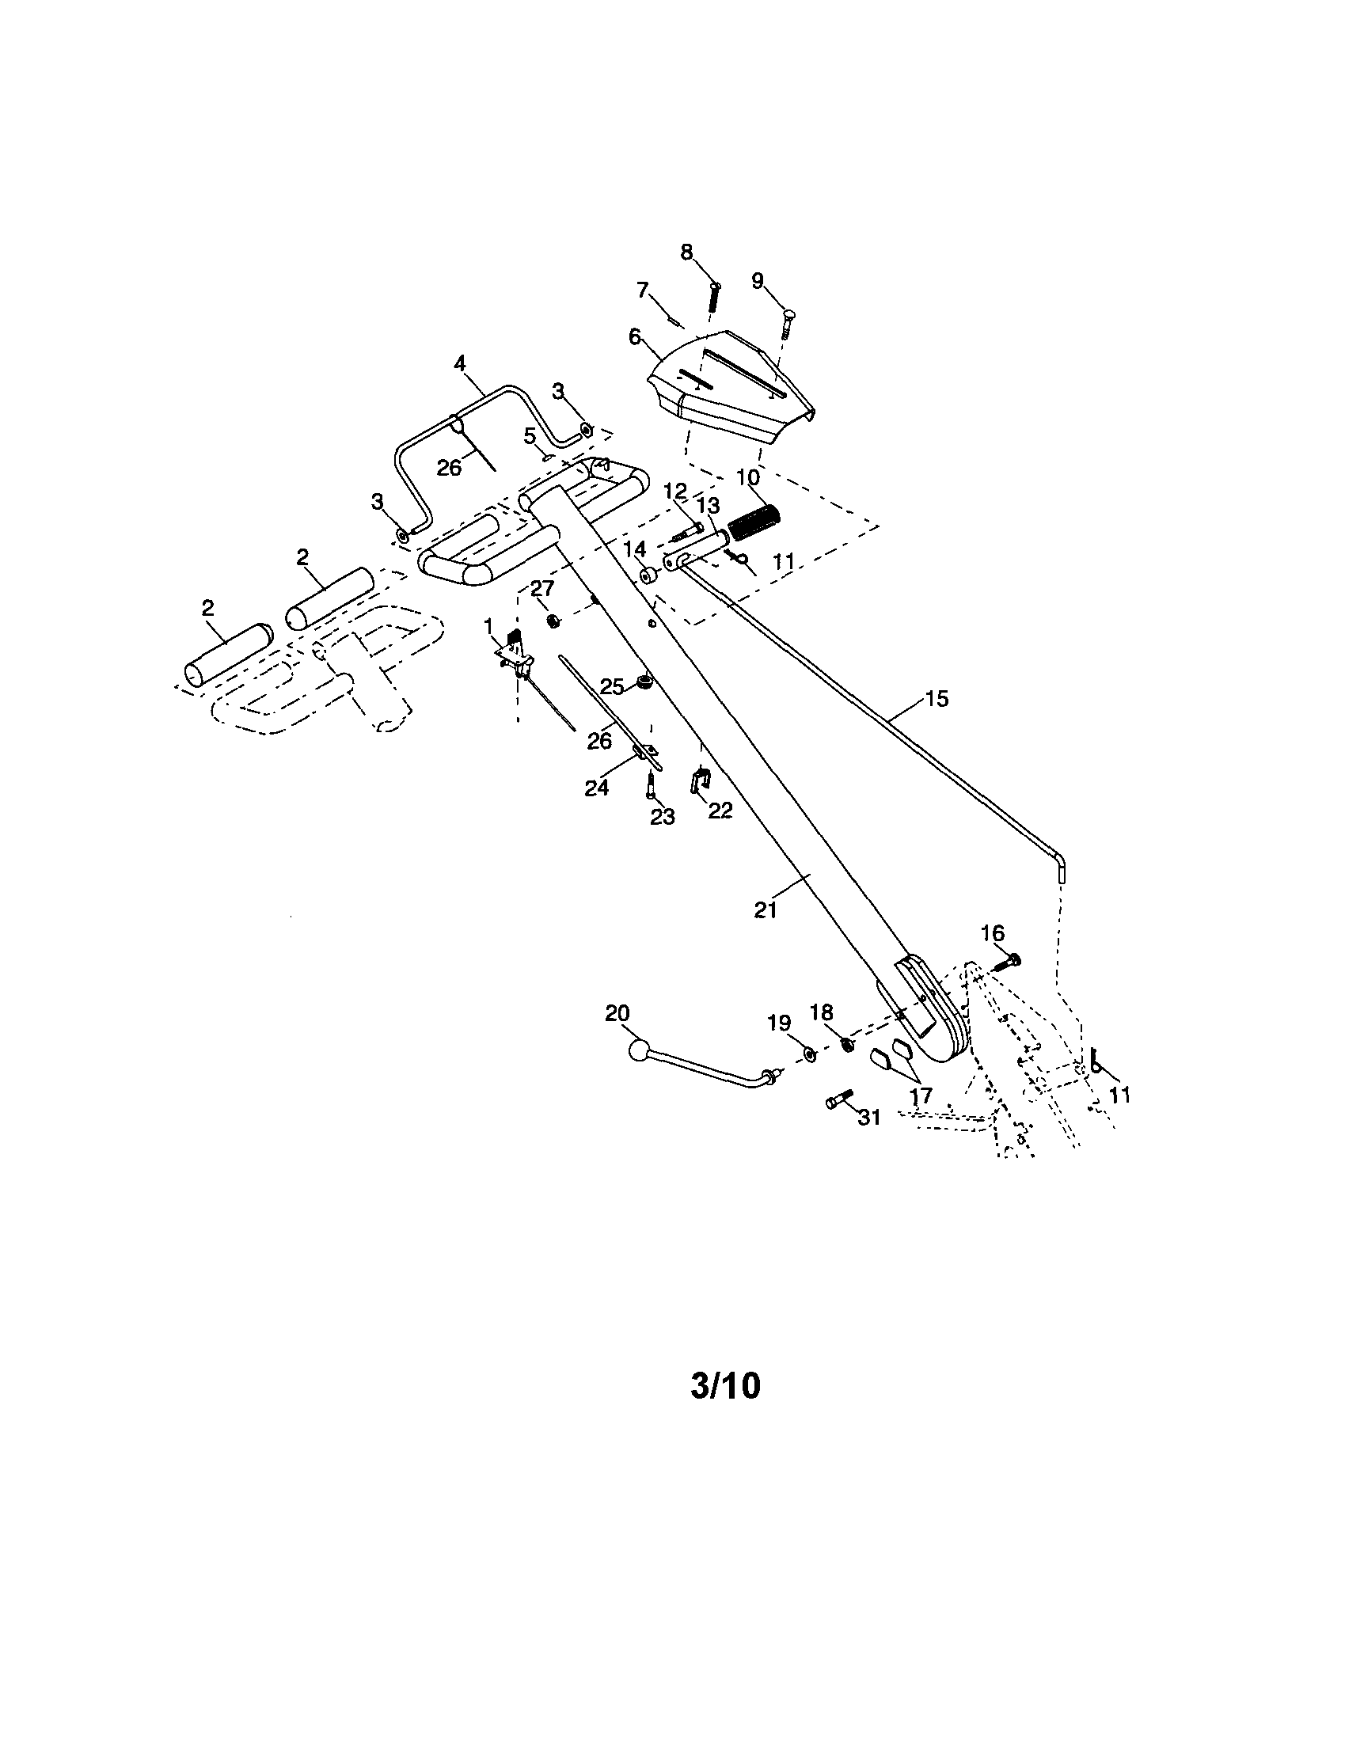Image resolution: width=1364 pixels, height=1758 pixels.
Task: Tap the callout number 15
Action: pos(937,699)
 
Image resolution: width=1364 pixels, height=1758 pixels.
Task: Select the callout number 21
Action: pos(765,909)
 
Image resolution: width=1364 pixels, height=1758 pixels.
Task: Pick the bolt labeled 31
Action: pos(838,1100)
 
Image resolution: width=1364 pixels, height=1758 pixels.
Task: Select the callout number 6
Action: pos(636,336)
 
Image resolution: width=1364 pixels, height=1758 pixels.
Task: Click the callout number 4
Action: pos(459,363)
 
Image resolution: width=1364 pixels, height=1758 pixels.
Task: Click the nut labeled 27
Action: pos(553,620)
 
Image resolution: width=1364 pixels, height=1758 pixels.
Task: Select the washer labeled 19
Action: pos(809,1054)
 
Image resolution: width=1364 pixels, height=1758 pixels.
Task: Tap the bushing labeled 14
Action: pos(649,578)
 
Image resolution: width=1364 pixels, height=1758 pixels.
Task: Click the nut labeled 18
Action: pos(847,1044)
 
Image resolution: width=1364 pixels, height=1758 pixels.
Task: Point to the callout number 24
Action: pos(596,789)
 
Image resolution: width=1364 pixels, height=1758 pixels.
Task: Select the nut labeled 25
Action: pos(644,682)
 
